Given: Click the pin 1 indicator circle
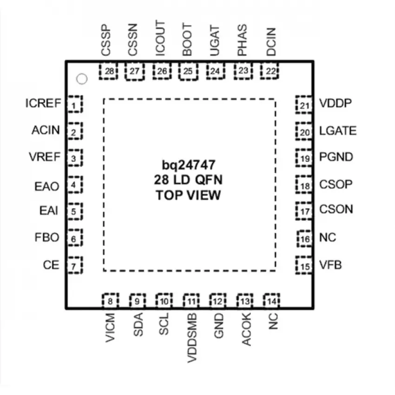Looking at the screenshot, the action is pyautogui.click(x=82, y=79).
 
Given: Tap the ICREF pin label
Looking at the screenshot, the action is pyautogui.click(x=43, y=103).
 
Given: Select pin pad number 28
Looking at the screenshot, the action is pyautogui.click(x=109, y=71).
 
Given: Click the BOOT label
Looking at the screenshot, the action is pyautogui.click(x=187, y=39).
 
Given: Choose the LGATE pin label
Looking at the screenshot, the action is pyautogui.click(x=338, y=131).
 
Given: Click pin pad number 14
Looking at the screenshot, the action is pyautogui.click(x=271, y=301).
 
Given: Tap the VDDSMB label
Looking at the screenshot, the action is pyautogui.click(x=192, y=338).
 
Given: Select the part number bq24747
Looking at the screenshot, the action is pyautogui.click(x=188, y=165).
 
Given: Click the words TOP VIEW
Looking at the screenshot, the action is pyautogui.click(x=188, y=195).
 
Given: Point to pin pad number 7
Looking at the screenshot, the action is pyautogui.click(x=75, y=265).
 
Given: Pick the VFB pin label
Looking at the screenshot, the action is pyautogui.click(x=330, y=265).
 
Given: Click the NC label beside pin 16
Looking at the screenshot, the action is pyautogui.click(x=328, y=237).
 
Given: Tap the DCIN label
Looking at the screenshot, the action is pyautogui.click(x=271, y=41).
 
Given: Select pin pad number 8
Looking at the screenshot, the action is pyautogui.click(x=110, y=301).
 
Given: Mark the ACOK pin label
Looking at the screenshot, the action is pyautogui.click(x=246, y=329).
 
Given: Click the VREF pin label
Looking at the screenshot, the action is pyautogui.click(x=45, y=157).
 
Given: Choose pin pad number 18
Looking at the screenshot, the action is pyautogui.click(x=304, y=184).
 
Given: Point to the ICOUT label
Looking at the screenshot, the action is pyautogui.click(x=160, y=38).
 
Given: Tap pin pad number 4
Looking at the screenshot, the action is pyautogui.click(x=75, y=184).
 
